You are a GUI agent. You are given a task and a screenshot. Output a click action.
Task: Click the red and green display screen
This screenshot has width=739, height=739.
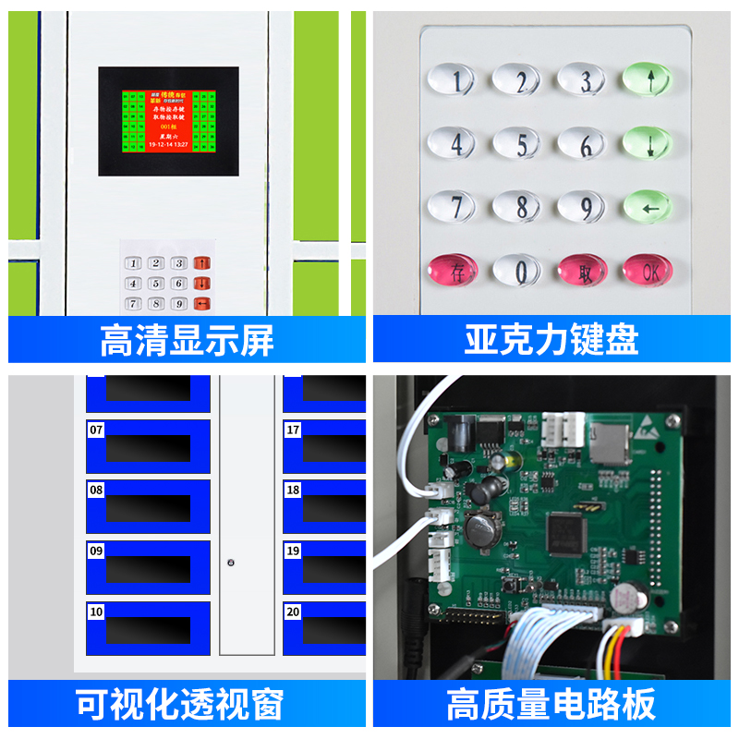pyautogui.click(x=168, y=120)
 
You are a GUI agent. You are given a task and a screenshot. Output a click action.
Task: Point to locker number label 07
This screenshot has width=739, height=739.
pyautogui.click(x=96, y=430)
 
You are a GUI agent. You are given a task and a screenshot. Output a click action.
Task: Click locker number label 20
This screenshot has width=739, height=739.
pyautogui.click(x=293, y=612)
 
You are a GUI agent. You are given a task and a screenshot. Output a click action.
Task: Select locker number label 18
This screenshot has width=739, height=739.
pyautogui.click(x=293, y=490)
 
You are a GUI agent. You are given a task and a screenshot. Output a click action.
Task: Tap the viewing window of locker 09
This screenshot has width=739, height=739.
pyautogui.click(x=148, y=569)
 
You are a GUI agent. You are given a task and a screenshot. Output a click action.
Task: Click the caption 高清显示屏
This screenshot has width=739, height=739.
pyautogui.click(x=187, y=340)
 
